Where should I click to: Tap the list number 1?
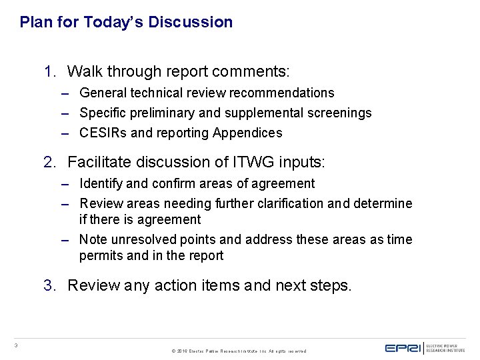coord(49,71)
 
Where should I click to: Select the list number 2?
coord(49,162)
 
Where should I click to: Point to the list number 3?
coord(49,286)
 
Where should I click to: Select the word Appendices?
coord(247,133)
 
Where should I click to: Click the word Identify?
coord(101,183)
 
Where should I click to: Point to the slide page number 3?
coord(15,345)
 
